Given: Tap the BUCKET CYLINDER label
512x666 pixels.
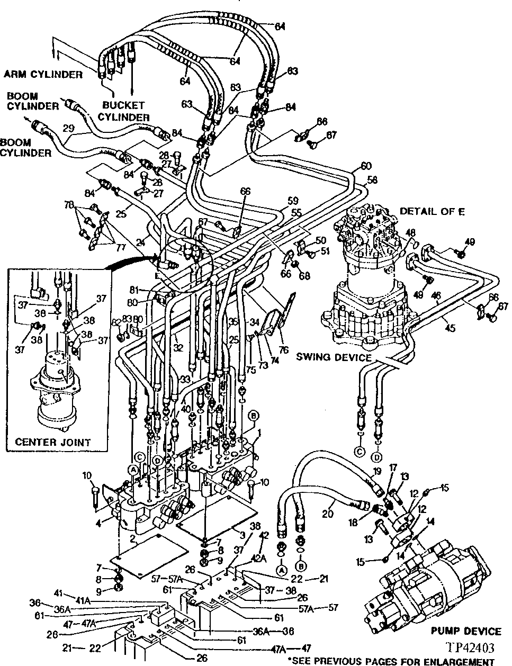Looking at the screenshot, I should pos(124,112).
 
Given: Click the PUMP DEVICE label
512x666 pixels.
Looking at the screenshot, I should pos(465,631).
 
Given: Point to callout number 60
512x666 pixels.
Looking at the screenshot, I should pos(366,166).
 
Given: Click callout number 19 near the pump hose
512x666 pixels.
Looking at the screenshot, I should pos(376,471).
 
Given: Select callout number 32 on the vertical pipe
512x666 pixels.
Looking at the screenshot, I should pos(178,348).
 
